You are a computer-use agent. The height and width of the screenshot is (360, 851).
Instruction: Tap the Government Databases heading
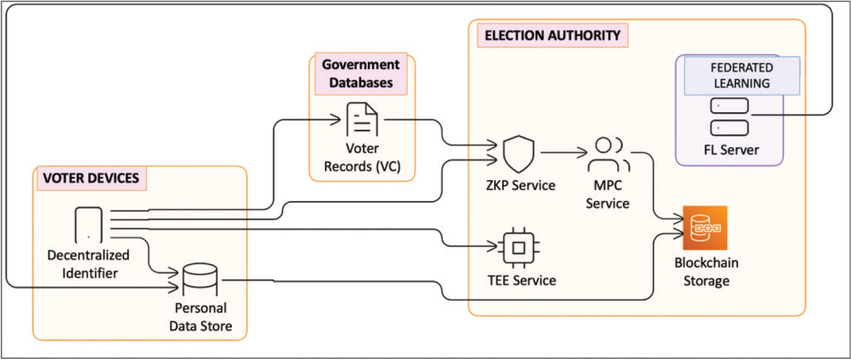click(x=360, y=73)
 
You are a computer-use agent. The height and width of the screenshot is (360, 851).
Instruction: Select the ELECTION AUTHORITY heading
click(x=552, y=36)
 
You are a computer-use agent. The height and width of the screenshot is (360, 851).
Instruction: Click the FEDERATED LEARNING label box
click(x=742, y=76)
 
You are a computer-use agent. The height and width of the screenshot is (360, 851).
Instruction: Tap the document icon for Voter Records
click(x=362, y=120)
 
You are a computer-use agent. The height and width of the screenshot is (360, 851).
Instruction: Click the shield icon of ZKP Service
click(x=517, y=152)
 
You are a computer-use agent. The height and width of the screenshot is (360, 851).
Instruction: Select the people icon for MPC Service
click(x=607, y=155)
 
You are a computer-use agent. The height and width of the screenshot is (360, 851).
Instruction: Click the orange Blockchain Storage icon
click(x=705, y=228)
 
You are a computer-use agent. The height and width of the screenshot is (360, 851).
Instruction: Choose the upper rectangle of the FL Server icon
click(x=729, y=106)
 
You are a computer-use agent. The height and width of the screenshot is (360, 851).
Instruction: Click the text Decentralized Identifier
click(x=88, y=264)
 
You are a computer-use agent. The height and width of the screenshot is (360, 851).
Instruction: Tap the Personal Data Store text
click(x=200, y=317)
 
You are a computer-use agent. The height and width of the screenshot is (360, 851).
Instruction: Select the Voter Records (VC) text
click(x=362, y=157)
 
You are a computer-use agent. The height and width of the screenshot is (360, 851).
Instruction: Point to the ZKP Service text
click(x=520, y=185)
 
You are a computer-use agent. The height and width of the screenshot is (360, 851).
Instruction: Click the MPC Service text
click(x=607, y=195)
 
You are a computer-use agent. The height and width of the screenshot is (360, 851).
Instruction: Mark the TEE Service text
click(x=521, y=280)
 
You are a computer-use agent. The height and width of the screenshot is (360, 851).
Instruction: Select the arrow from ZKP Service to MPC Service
click(x=561, y=152)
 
